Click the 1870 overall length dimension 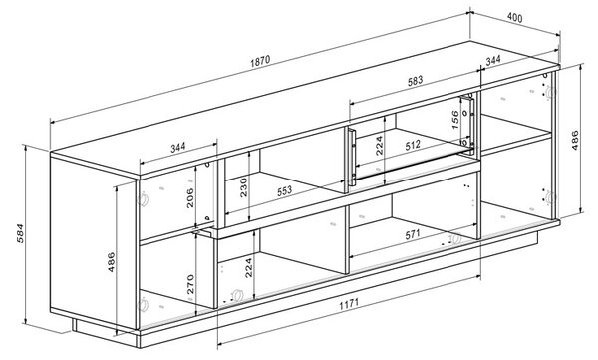point(260,61)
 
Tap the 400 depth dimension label point(515,17)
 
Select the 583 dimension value point(415,80)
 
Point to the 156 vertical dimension point(455,120)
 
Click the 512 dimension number point(413,145)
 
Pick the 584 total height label point(20,233)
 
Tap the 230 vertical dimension point(244,187)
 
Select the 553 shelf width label point(284,190)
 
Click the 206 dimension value point(190,198)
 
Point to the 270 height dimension point(190,284)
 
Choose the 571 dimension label point(413,234)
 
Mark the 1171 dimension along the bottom point(349,304)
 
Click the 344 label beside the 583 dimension point(493,60)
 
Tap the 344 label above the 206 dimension point(177,147)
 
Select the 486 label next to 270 point(111,262)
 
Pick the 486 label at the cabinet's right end point(575,140)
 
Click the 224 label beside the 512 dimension point(379,145)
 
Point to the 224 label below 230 point(248,268)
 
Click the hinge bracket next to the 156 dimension point(467,122)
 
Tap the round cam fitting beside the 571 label point(455,239)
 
